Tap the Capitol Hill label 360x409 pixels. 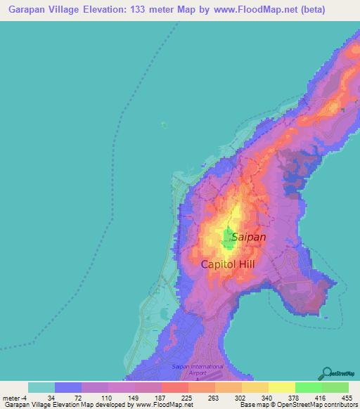pos(227,264)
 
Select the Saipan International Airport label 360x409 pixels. pos(198,370)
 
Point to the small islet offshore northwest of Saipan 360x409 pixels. pos(165,126)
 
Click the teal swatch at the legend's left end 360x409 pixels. pos(41,387)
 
